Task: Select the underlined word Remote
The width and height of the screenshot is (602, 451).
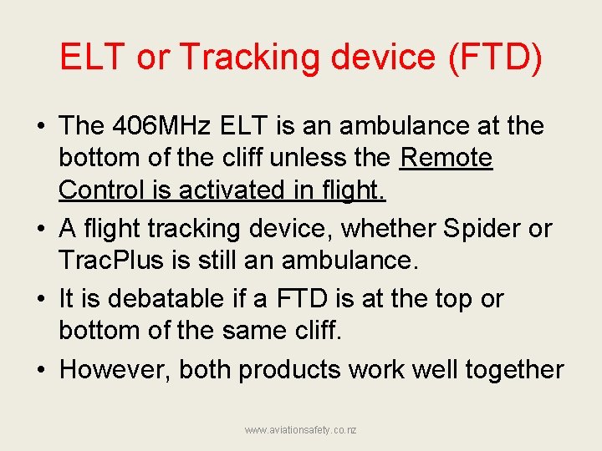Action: (446, 158)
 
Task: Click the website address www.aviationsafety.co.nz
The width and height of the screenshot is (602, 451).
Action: (301, 429)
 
